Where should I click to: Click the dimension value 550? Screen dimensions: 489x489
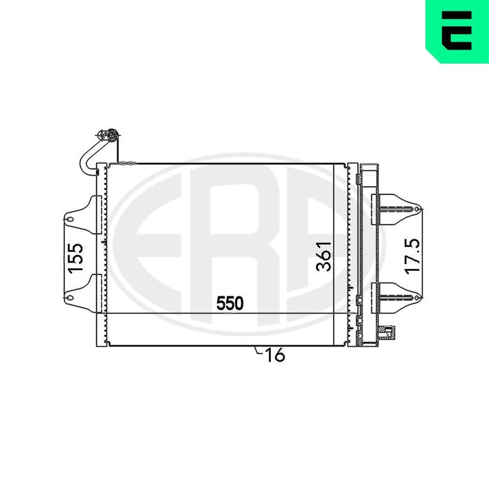(230, 304)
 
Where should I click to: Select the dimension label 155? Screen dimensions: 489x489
(76, 258)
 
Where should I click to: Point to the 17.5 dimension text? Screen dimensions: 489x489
(412, 256)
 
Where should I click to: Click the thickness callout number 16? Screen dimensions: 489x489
(275, 356)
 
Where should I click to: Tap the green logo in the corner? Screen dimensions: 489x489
(457, 31)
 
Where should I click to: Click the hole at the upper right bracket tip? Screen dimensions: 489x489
(416, 209)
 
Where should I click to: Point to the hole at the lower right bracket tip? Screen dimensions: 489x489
(416, 297)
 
